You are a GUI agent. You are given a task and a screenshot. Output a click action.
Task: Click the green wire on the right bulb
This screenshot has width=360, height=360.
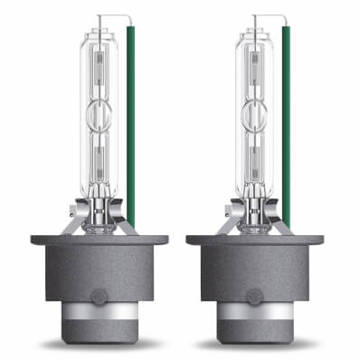click(286, 118)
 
